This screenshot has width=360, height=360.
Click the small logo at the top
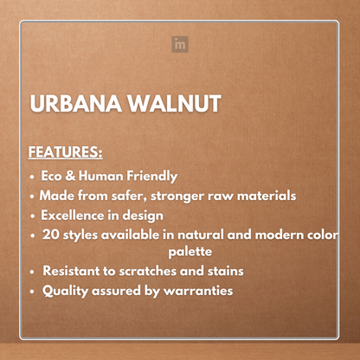[x=180, y=43]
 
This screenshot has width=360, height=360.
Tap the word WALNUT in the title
[x=174, y=105]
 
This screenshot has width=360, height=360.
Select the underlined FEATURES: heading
[x=65, y=152]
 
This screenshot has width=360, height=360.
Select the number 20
[x=51, y=235]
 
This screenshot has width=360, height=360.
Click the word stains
[x=223, y=272]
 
